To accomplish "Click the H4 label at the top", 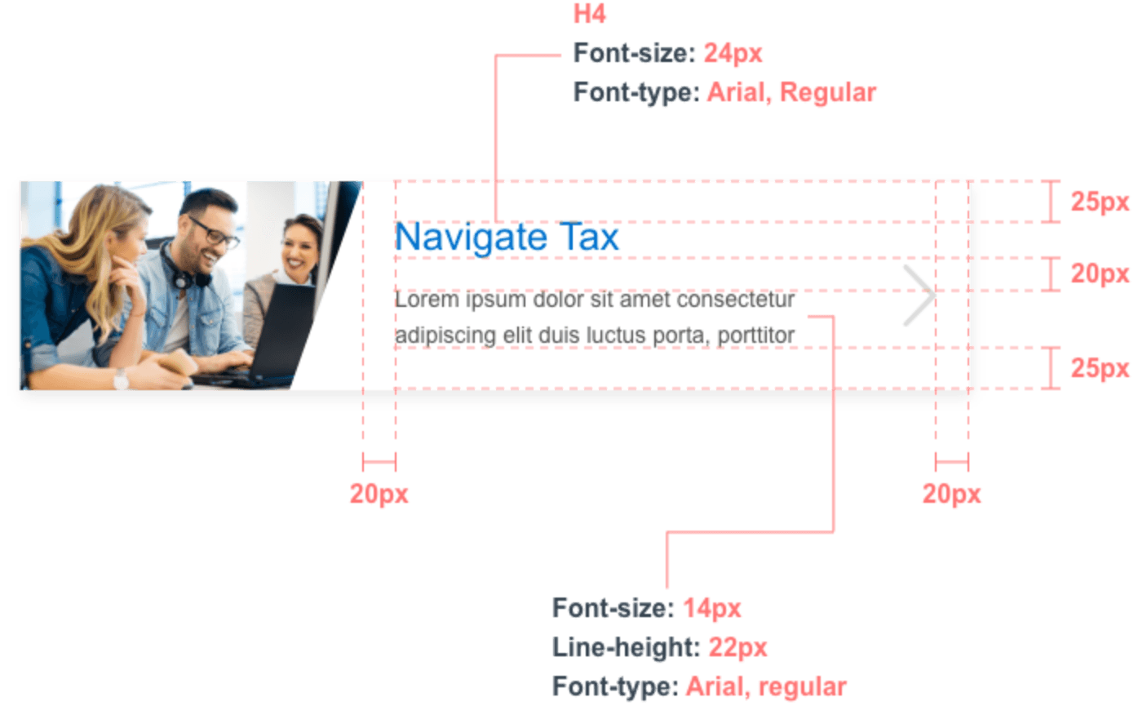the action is pyautogui.click(x=590, y=15).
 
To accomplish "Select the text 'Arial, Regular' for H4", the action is pyautogui.click(x=791, y=92).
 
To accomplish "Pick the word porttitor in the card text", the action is pyautogui.click(x=755, y=336).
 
